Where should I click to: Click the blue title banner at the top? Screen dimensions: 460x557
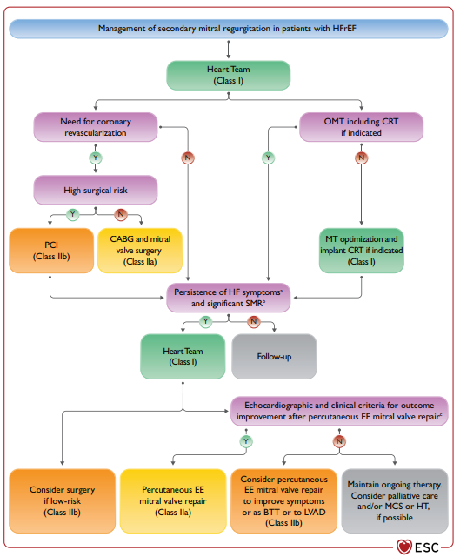pos(228,29)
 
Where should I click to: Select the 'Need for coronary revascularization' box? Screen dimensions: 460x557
pos(96,127)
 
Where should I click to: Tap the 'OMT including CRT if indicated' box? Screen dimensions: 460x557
pos(362,127)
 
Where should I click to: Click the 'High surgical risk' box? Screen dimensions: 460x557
pos(96,190)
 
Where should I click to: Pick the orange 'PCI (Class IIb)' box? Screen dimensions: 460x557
pos(51,251)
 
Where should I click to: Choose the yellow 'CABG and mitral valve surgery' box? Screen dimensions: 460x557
pos(140,251)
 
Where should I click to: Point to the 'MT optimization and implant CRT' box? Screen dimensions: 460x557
pos(362,251)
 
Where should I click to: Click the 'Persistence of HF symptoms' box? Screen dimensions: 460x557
pos(228,298)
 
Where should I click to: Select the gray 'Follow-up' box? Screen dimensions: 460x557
pos(274,356)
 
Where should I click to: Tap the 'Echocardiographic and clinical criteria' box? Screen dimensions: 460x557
pos(339,411)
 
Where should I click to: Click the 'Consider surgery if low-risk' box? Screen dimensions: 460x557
pos(62,501)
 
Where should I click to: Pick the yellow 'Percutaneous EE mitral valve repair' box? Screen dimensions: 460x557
pos(173,501)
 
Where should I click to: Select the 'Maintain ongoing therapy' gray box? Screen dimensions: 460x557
pos(395,501)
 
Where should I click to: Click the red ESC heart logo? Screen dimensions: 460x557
pos(404,547)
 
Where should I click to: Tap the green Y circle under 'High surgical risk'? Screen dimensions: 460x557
pos(73,214)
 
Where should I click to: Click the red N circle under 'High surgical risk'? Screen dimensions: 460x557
pos(121,214)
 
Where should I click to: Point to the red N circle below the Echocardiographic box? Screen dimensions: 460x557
pos(339,441)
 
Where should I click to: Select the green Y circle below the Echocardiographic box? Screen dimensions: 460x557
pos(246,441)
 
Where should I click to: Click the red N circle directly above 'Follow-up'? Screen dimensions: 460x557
pos(253,321)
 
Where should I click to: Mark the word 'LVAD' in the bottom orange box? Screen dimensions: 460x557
pos(315,513)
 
